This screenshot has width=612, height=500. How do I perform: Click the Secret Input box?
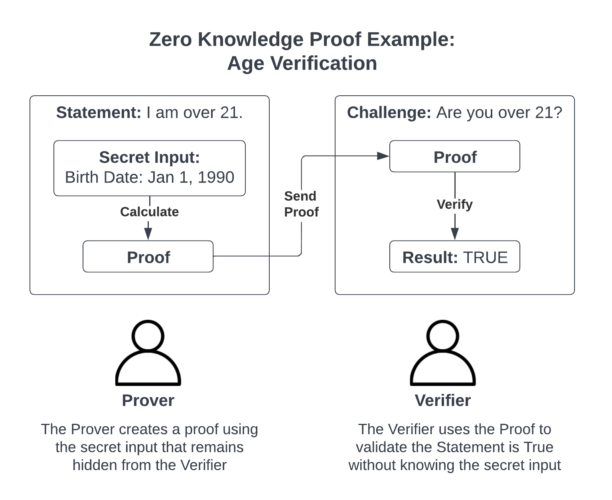click(150, 168)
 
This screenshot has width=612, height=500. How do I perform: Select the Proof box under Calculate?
click(148, 256)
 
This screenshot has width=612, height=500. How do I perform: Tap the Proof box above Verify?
click(455, 156)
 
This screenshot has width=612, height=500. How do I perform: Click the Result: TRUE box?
click(455, 256)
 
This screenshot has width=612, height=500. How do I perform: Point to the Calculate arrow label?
click(150, 212)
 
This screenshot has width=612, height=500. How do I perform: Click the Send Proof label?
click(301, 204)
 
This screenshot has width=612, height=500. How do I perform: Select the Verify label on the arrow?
click(455, 205)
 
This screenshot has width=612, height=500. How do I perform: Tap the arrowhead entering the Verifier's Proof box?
click(383, 156)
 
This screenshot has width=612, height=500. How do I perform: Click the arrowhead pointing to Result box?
click(455, 234)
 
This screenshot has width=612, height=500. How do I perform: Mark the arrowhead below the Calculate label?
click(148, 234)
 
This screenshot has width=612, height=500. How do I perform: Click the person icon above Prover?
click(148, 352)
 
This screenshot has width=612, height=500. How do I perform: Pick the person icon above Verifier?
click(443, 352)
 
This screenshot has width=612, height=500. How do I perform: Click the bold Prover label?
click(148, 401)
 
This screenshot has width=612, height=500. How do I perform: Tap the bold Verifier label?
click(443, 401)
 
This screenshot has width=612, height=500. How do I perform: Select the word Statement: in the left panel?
click(99, 112)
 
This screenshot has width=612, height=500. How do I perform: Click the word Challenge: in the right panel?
click(389, 112)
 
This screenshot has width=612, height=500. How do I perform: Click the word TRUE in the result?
click(486, 257)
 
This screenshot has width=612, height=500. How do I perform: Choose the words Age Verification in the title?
click(302, 63)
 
